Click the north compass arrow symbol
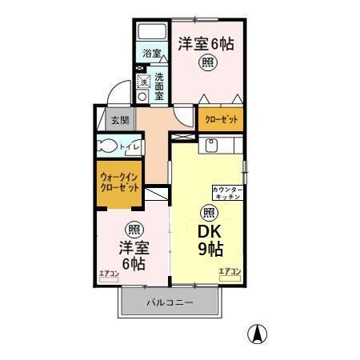tap(261, 333)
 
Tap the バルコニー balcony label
tap(169, 303)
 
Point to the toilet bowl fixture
tap(107, 147)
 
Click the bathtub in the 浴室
tap(150, 34)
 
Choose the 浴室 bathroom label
tap(152, 54)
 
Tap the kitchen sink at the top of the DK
tap(210, 145)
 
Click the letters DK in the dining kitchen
tap(210, 231)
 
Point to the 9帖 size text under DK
tap(210, 249)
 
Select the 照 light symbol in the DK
tap(208, 212)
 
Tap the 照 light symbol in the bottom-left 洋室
tap(134, 227)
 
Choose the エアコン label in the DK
tap(230, 272)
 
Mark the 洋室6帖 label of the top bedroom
tap(206, 44)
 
